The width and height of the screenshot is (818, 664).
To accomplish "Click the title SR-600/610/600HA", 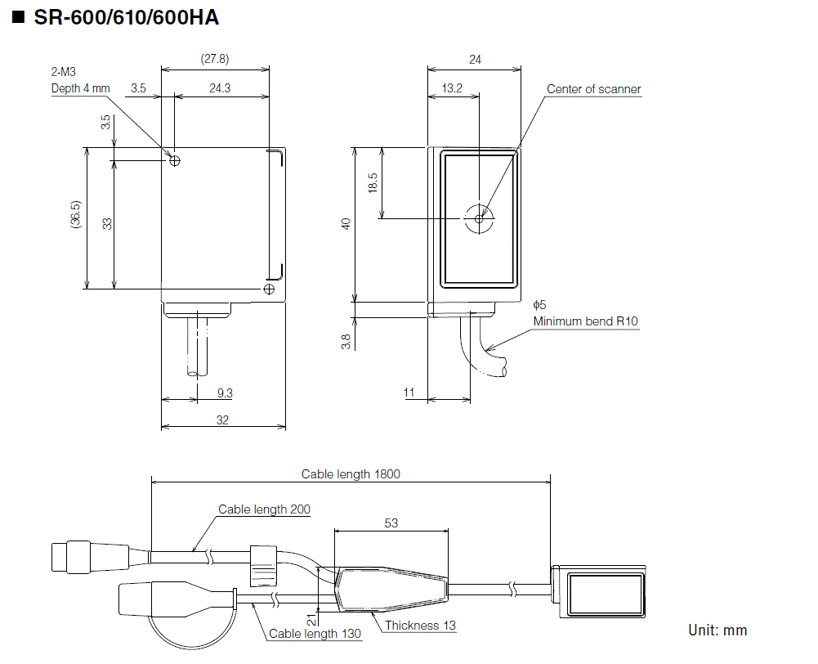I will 126,17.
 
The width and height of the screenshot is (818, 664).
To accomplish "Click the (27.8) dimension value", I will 214,59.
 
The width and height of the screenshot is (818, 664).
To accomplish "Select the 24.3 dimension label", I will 220,88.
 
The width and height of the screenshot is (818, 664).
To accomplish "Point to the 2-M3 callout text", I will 63,73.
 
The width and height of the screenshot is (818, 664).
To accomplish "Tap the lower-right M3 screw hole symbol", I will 269,289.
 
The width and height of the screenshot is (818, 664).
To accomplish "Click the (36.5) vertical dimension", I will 75,219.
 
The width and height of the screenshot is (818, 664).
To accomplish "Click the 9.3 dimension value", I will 225,393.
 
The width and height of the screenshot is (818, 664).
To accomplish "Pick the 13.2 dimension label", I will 452,88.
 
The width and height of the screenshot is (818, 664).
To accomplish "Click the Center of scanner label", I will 593,89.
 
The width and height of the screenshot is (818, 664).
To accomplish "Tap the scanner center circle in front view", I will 479,218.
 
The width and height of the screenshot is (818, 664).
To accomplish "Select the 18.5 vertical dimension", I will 373,182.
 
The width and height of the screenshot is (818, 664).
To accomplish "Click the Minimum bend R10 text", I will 585,321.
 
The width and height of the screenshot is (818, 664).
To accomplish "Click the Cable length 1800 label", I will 351,473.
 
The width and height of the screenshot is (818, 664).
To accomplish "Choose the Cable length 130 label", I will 315,633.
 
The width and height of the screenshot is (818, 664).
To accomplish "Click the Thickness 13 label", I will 420,626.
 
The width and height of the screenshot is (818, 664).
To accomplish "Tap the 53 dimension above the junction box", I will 391,523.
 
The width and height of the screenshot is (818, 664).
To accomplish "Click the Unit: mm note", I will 717,630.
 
